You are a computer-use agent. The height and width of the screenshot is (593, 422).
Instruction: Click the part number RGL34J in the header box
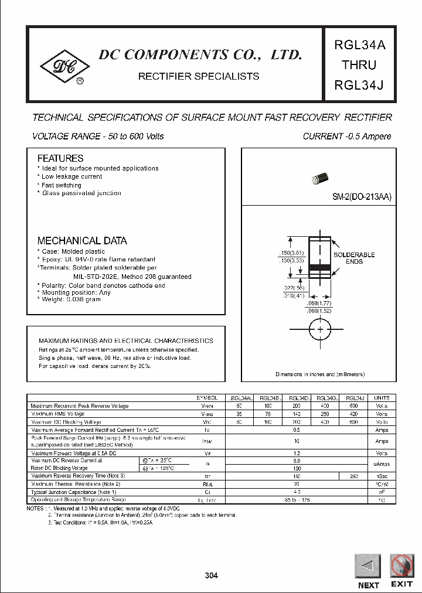point(359,86)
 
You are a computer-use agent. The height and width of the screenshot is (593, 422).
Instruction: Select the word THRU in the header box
point(359,64)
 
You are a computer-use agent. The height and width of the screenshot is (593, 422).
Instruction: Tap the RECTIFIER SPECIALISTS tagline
point(198,76)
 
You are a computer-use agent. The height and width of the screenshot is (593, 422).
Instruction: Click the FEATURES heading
point(60,158)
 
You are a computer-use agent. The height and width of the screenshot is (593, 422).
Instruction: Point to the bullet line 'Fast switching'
point(62,185)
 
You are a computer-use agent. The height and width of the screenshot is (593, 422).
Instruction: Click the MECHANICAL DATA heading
point(82,241)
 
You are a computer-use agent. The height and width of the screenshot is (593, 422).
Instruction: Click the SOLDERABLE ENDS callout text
point(354,258)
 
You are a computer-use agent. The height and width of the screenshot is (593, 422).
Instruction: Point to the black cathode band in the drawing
point(320,267)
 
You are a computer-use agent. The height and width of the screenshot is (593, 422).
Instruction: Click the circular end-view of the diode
point(320,330)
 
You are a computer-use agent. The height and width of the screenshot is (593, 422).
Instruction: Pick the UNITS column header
point(382,398)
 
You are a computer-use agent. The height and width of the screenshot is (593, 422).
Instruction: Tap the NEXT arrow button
point(367,566)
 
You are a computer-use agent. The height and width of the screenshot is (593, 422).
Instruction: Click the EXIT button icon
point(401,566)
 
